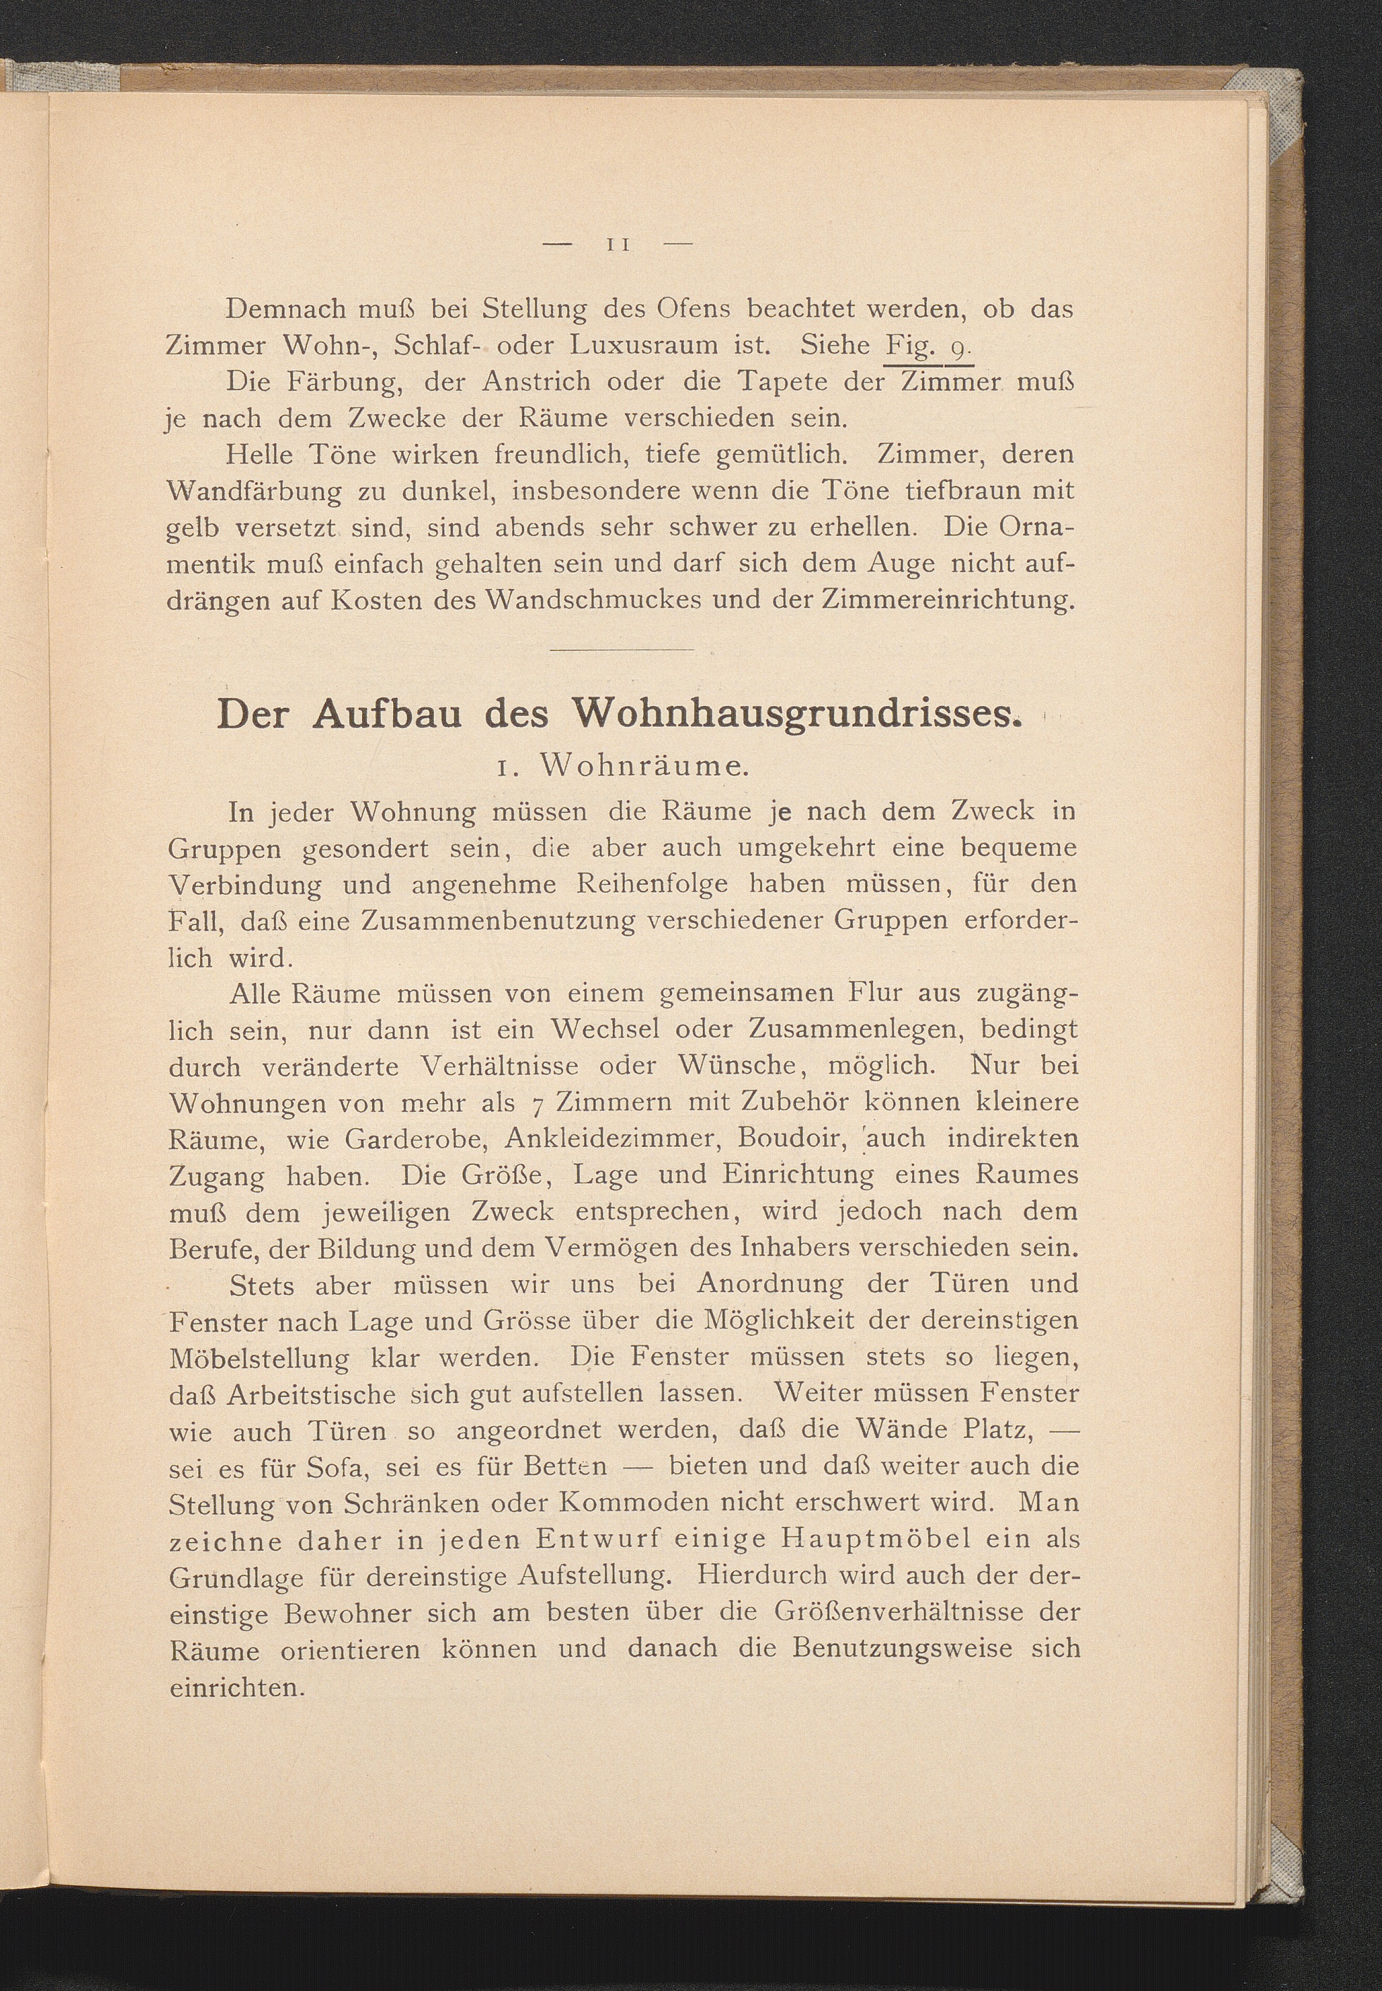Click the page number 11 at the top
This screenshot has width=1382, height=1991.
[618, 246]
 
